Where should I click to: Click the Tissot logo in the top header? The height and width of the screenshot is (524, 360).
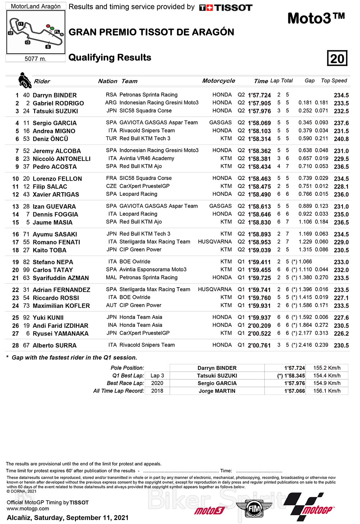(x=226, y=8)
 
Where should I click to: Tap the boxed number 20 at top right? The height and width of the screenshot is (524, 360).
(x=337, y=58)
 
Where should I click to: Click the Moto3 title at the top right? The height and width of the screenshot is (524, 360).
(x=316, y=18)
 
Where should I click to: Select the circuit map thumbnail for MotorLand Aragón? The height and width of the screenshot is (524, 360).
(x=36, y=32)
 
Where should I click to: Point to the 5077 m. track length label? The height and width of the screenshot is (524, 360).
(x=35, y=59)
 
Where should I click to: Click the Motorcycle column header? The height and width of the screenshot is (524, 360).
(x=219, y=81)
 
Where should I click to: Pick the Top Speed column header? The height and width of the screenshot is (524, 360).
(x=334, y=81)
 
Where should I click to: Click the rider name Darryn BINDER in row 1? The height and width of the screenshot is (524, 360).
(x=55, y=95)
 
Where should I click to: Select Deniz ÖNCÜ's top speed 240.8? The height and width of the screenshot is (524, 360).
(x=341, y=139)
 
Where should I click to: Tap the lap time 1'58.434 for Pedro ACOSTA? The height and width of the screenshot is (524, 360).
(x=259, y=167)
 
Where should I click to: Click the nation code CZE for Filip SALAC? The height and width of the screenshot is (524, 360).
(x=111, y=186)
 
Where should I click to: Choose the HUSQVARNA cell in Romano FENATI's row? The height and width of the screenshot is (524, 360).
(x=215, y=242)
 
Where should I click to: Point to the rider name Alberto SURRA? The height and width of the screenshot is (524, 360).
(x=55, y=345)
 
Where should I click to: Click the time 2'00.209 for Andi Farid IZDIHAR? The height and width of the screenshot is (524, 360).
(x=259, y=326)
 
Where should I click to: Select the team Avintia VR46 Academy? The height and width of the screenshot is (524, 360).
(x=147, y=158)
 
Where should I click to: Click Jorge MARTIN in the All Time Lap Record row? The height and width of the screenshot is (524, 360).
(x=217, y=391)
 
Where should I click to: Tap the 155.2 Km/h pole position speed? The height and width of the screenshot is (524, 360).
(x=327, y=368)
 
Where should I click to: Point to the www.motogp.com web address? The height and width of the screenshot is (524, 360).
(x=28, y=509)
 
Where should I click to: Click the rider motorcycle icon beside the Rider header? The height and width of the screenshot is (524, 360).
(x=24, y=80)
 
